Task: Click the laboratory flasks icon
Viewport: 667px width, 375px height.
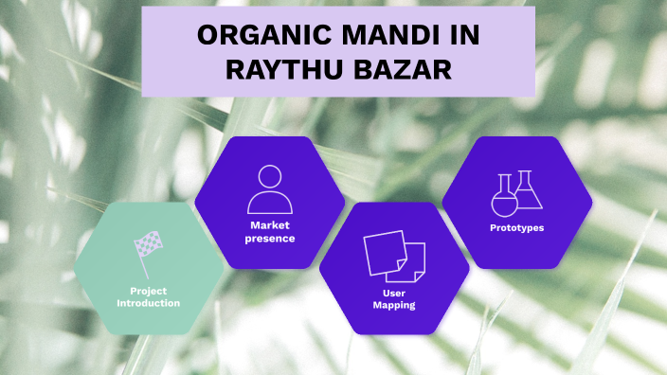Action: point(517,192)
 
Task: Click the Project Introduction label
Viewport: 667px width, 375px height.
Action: point(148,296)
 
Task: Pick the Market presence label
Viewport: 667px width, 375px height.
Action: point(270,231)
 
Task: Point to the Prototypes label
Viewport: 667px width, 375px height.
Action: point(517,228)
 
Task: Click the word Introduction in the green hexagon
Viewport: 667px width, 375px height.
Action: point(148,303)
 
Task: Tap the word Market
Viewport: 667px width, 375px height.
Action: point(270,225)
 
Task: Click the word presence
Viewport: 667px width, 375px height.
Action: point(270,238)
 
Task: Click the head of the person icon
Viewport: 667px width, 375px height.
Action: point(270,176)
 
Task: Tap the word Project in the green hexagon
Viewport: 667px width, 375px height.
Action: point(148,291)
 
